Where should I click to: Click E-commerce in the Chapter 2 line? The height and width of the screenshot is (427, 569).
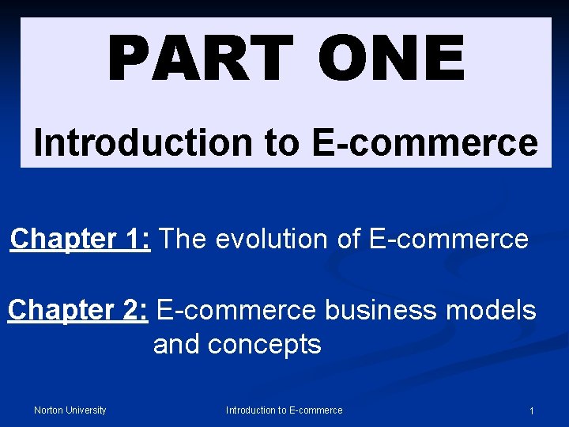[x=236, y=310]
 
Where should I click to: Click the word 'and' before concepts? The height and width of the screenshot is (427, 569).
[x=178, y=344]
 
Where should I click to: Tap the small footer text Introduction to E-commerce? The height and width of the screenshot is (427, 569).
[x=284, y=410]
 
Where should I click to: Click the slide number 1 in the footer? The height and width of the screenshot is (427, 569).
[x=532, y=410]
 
